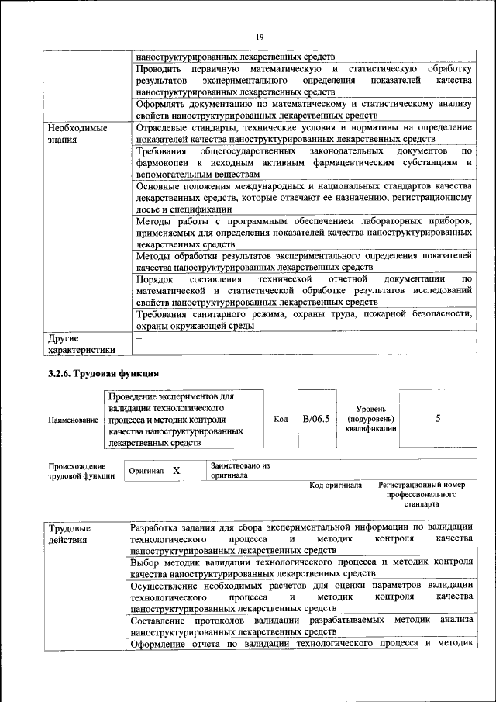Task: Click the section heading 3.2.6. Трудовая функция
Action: tap(103, 373)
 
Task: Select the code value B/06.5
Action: tap(316, 419)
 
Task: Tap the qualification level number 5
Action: tap(438, 418)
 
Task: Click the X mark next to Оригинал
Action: tap(176, 471)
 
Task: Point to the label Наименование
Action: tap(73, 420)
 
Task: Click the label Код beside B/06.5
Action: tap(281, 419)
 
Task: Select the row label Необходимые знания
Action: tap(77, 133)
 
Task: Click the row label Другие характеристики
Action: tap(81, 344)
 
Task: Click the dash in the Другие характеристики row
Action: tap(139, 339)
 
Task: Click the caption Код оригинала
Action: tap(336, 486)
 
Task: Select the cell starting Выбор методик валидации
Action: tap(303, 567)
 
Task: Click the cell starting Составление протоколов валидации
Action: tap(303, 626)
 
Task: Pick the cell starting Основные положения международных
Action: tap(303, 198)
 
